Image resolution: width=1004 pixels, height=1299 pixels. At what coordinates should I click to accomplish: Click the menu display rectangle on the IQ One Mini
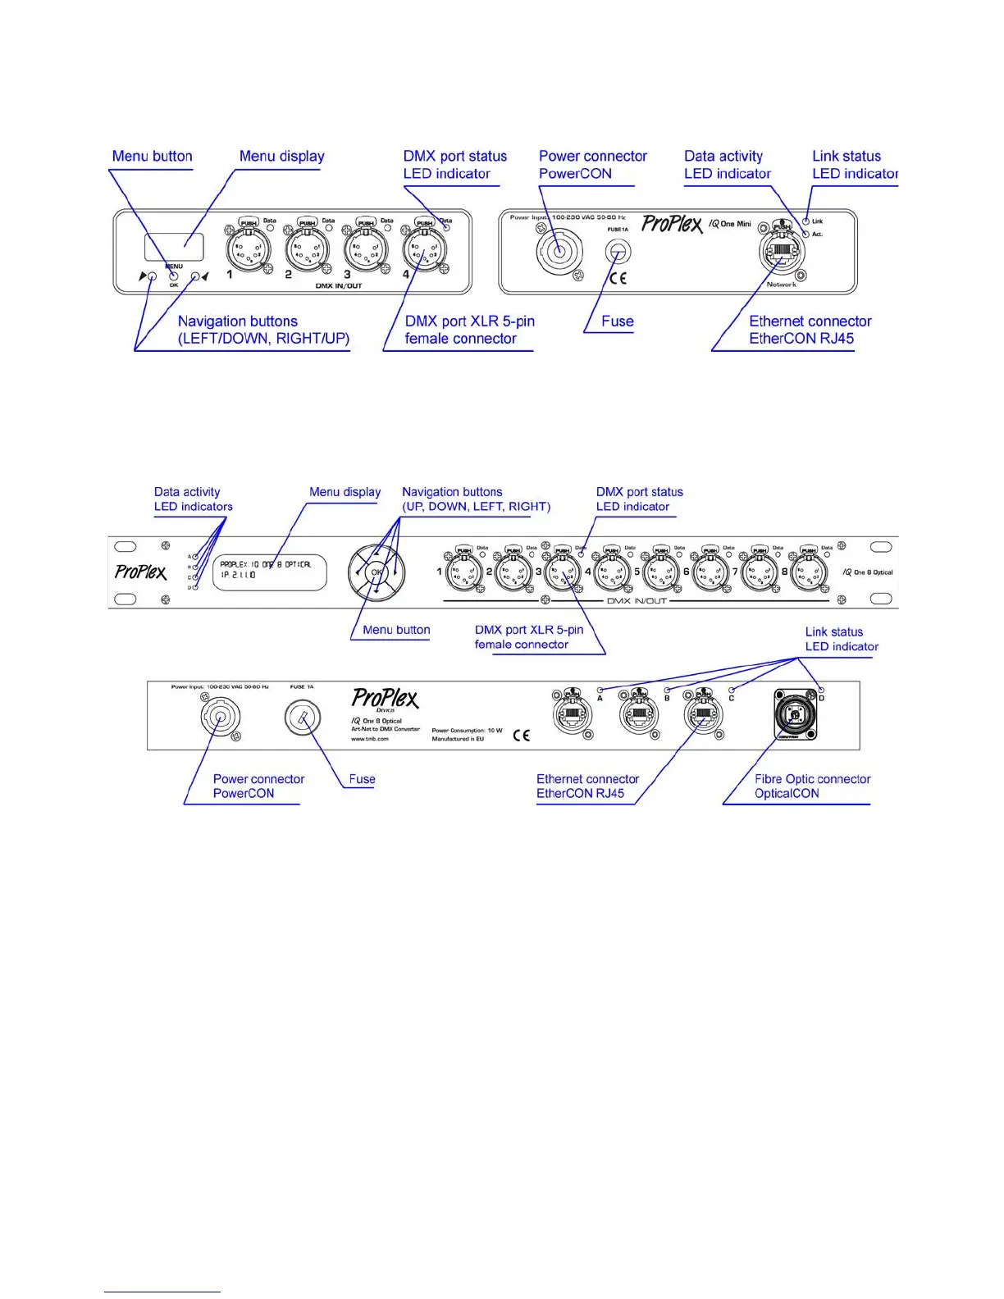point(174,246)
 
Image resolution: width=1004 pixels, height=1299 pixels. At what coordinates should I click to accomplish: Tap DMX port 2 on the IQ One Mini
point(307,247)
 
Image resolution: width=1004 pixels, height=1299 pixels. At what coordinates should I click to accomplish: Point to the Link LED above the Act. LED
point(806,221)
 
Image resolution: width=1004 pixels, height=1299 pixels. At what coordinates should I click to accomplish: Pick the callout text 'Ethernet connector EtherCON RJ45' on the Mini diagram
point(810,330)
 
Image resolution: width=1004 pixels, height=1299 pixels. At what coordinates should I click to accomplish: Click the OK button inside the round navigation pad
point(376,572)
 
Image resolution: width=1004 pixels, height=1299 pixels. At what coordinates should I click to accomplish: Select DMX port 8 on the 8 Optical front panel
point(809,571)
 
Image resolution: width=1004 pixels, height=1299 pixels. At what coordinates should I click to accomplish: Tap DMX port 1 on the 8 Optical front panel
point(464,571)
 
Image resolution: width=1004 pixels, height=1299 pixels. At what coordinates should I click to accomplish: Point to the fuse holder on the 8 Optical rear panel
point(302,718)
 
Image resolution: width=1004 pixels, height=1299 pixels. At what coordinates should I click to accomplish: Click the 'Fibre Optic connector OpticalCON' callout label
point(812,786)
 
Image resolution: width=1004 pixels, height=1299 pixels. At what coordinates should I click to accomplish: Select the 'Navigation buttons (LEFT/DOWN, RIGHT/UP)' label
point(263,330)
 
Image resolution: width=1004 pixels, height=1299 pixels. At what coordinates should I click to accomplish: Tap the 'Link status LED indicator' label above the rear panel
point(841,639)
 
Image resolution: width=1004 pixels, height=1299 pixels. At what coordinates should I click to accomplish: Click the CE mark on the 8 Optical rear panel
point(521,736)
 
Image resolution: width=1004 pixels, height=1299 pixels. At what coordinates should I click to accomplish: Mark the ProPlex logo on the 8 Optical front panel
point(140,572)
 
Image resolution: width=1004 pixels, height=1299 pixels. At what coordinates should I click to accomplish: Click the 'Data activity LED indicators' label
point(193,499)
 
